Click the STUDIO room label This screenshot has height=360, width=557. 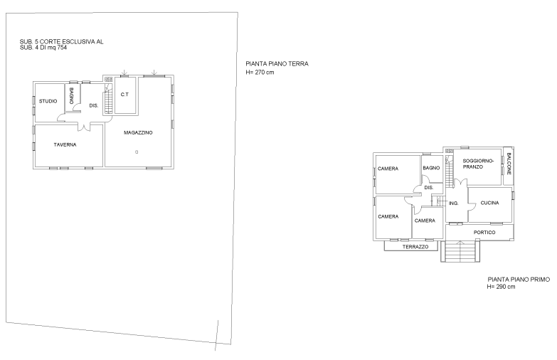click(x=48, y=101)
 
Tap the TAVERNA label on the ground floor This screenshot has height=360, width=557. click(x=65, y=144)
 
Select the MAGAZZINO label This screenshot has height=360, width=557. click(x=138, y=132)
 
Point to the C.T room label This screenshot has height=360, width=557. click(x=124, y=95)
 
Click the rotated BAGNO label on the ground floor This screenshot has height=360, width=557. click(x=71, y=95)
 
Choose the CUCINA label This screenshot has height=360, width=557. click(x=490, y=203)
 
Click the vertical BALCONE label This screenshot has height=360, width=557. click(x=509, y=164)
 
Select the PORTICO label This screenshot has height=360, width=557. click(x=484, y=233)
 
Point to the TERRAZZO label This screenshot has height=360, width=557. click(x=415, y=247)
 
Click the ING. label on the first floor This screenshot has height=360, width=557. click(x=454, y=203)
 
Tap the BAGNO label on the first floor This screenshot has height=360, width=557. click(x=431, y=168)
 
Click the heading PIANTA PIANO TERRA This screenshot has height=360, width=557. click(x=277, y=64)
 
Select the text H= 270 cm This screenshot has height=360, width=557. click(x=260, y=73)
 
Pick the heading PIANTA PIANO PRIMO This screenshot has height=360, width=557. click(x=519, y=280)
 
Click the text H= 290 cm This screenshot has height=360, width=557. click(x=502, y=287)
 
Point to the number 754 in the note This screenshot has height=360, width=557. click(x=62, y=48)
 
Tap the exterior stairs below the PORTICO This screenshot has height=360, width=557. click(x=460, y=252)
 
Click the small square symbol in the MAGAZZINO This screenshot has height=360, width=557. click(x=137, y=152)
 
